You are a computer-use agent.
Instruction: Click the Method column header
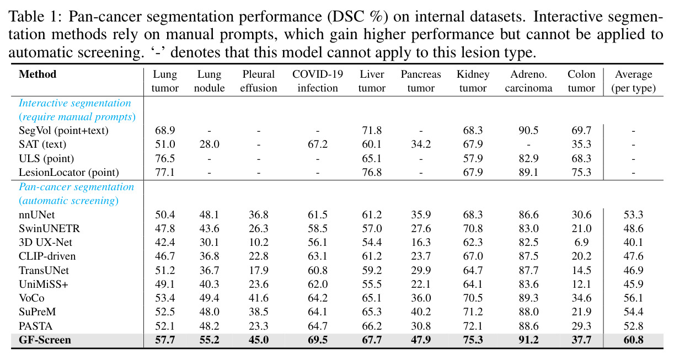pyautogui.click(x=38, y=74)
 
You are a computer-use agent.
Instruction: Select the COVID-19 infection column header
pyautogui.click(x=318, y=81)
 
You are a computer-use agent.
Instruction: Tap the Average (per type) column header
pyautogui.click(x=633, y=81)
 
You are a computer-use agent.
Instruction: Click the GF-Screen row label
pyautogui.click(x=45, y=340)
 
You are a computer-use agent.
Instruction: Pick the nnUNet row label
pyautogui.click(x=37, y=215)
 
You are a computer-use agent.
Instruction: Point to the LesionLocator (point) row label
pyautogui.click(x=69, y=173)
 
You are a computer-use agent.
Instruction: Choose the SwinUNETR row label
pyautogui.click(x=49, y=229)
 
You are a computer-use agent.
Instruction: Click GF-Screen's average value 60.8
pyautogui.click(x=633, y=340)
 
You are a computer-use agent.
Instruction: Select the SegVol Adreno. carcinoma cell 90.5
pyautogui.click(x=528, y=131)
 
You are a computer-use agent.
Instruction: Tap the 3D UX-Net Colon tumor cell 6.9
pyautogui.click(x=581, y=243)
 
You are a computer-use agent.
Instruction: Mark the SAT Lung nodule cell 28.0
pyautogui.click(x=209, y=144)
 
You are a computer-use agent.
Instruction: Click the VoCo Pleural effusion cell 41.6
pyautogui.click(x=259, y=298)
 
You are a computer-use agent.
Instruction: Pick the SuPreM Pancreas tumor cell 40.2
pyautogui.click(x=421, y=312)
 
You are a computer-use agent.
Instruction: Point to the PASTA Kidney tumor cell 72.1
pyautogui.click(x=473, y=326)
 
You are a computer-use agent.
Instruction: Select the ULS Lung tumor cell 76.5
pyautogui.click(x=165, y=158)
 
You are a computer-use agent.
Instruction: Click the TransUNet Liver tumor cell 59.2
pyautogui.click(x=372, y=270)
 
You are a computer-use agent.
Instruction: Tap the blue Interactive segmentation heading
pyautogui.click(x=75, y=103)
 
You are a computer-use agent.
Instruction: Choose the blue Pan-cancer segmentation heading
pyautogui.click(x=77, y=187)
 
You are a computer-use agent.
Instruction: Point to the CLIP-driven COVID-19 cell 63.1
pyautogui.click(x=318, y=256)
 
